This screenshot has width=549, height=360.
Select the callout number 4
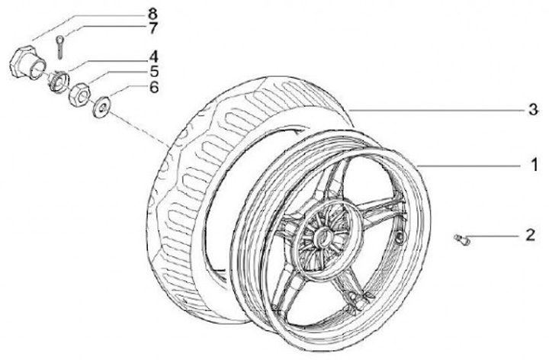tap(152, 56)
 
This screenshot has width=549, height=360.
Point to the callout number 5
tap(152, 72)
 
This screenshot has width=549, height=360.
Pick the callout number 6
tap(152, 88)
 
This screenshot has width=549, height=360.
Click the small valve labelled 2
tap(460, 240)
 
